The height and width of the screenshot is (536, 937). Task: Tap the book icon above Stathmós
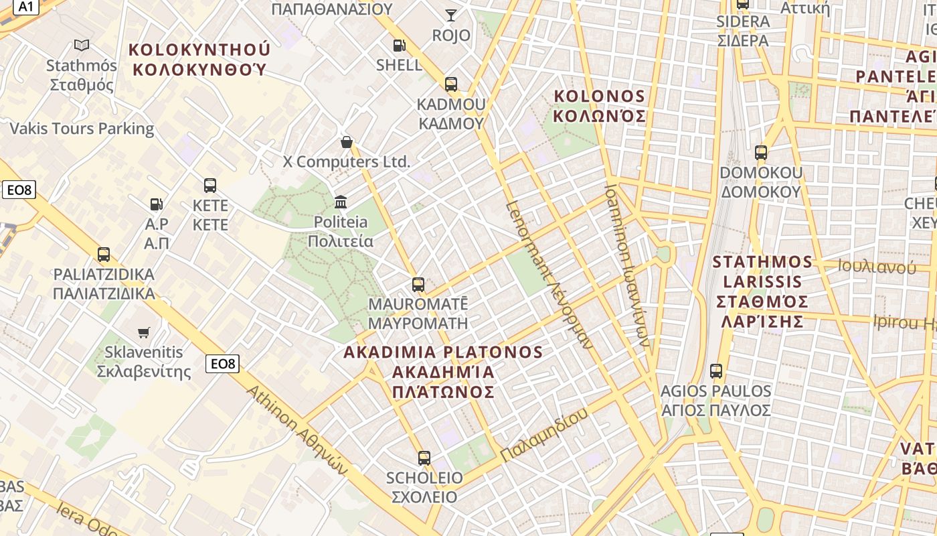point(82,46)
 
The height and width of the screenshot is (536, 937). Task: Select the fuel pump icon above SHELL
point(399,46)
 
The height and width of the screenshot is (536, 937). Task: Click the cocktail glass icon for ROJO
point(451,15)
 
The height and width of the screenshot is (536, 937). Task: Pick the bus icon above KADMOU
point(451,84)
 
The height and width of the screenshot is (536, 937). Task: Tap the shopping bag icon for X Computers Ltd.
point(346,142)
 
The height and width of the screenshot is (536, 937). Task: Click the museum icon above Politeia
point(341,202)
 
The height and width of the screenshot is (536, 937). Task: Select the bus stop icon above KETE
point(210,186)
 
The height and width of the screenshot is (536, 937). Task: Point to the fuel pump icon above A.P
point(156,204)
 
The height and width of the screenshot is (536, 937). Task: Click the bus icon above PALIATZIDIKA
point(104,255)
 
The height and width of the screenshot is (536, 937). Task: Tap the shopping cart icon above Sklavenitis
point(143,332)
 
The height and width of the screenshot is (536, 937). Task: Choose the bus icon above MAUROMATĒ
point(418,285)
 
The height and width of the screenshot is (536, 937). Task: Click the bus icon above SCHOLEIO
point(424,458)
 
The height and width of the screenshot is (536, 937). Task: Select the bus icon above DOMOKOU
point(760,153)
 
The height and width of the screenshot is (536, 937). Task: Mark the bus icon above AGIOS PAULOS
point(716,371)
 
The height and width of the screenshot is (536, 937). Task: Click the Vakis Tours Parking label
point(82,129)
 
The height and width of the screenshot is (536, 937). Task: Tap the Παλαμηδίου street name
point(544,434)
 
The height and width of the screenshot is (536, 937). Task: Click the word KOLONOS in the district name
point(600,96)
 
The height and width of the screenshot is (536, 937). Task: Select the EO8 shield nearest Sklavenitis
point(222,364)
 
